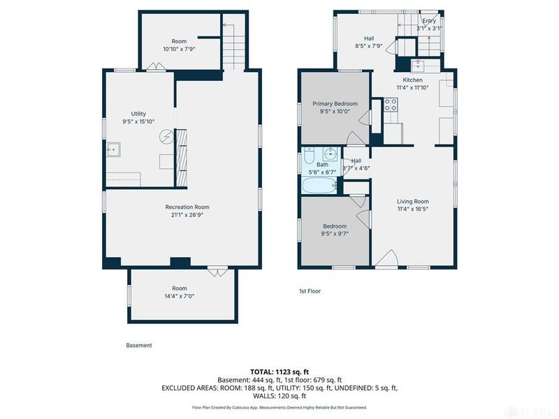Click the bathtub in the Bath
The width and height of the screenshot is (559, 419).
point(320,186)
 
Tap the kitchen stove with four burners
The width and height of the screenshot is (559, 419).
point(391,105)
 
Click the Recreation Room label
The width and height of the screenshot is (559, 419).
point(187,207)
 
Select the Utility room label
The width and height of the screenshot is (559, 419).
point(138,113)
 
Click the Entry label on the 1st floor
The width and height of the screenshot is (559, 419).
point(428,22)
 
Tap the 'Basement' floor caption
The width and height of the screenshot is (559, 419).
point(138,345)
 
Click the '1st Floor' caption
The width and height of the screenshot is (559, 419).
point(309,291)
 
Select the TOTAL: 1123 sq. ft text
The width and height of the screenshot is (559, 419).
point(279,372)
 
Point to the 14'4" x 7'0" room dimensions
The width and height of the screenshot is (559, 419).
point(180,297)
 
